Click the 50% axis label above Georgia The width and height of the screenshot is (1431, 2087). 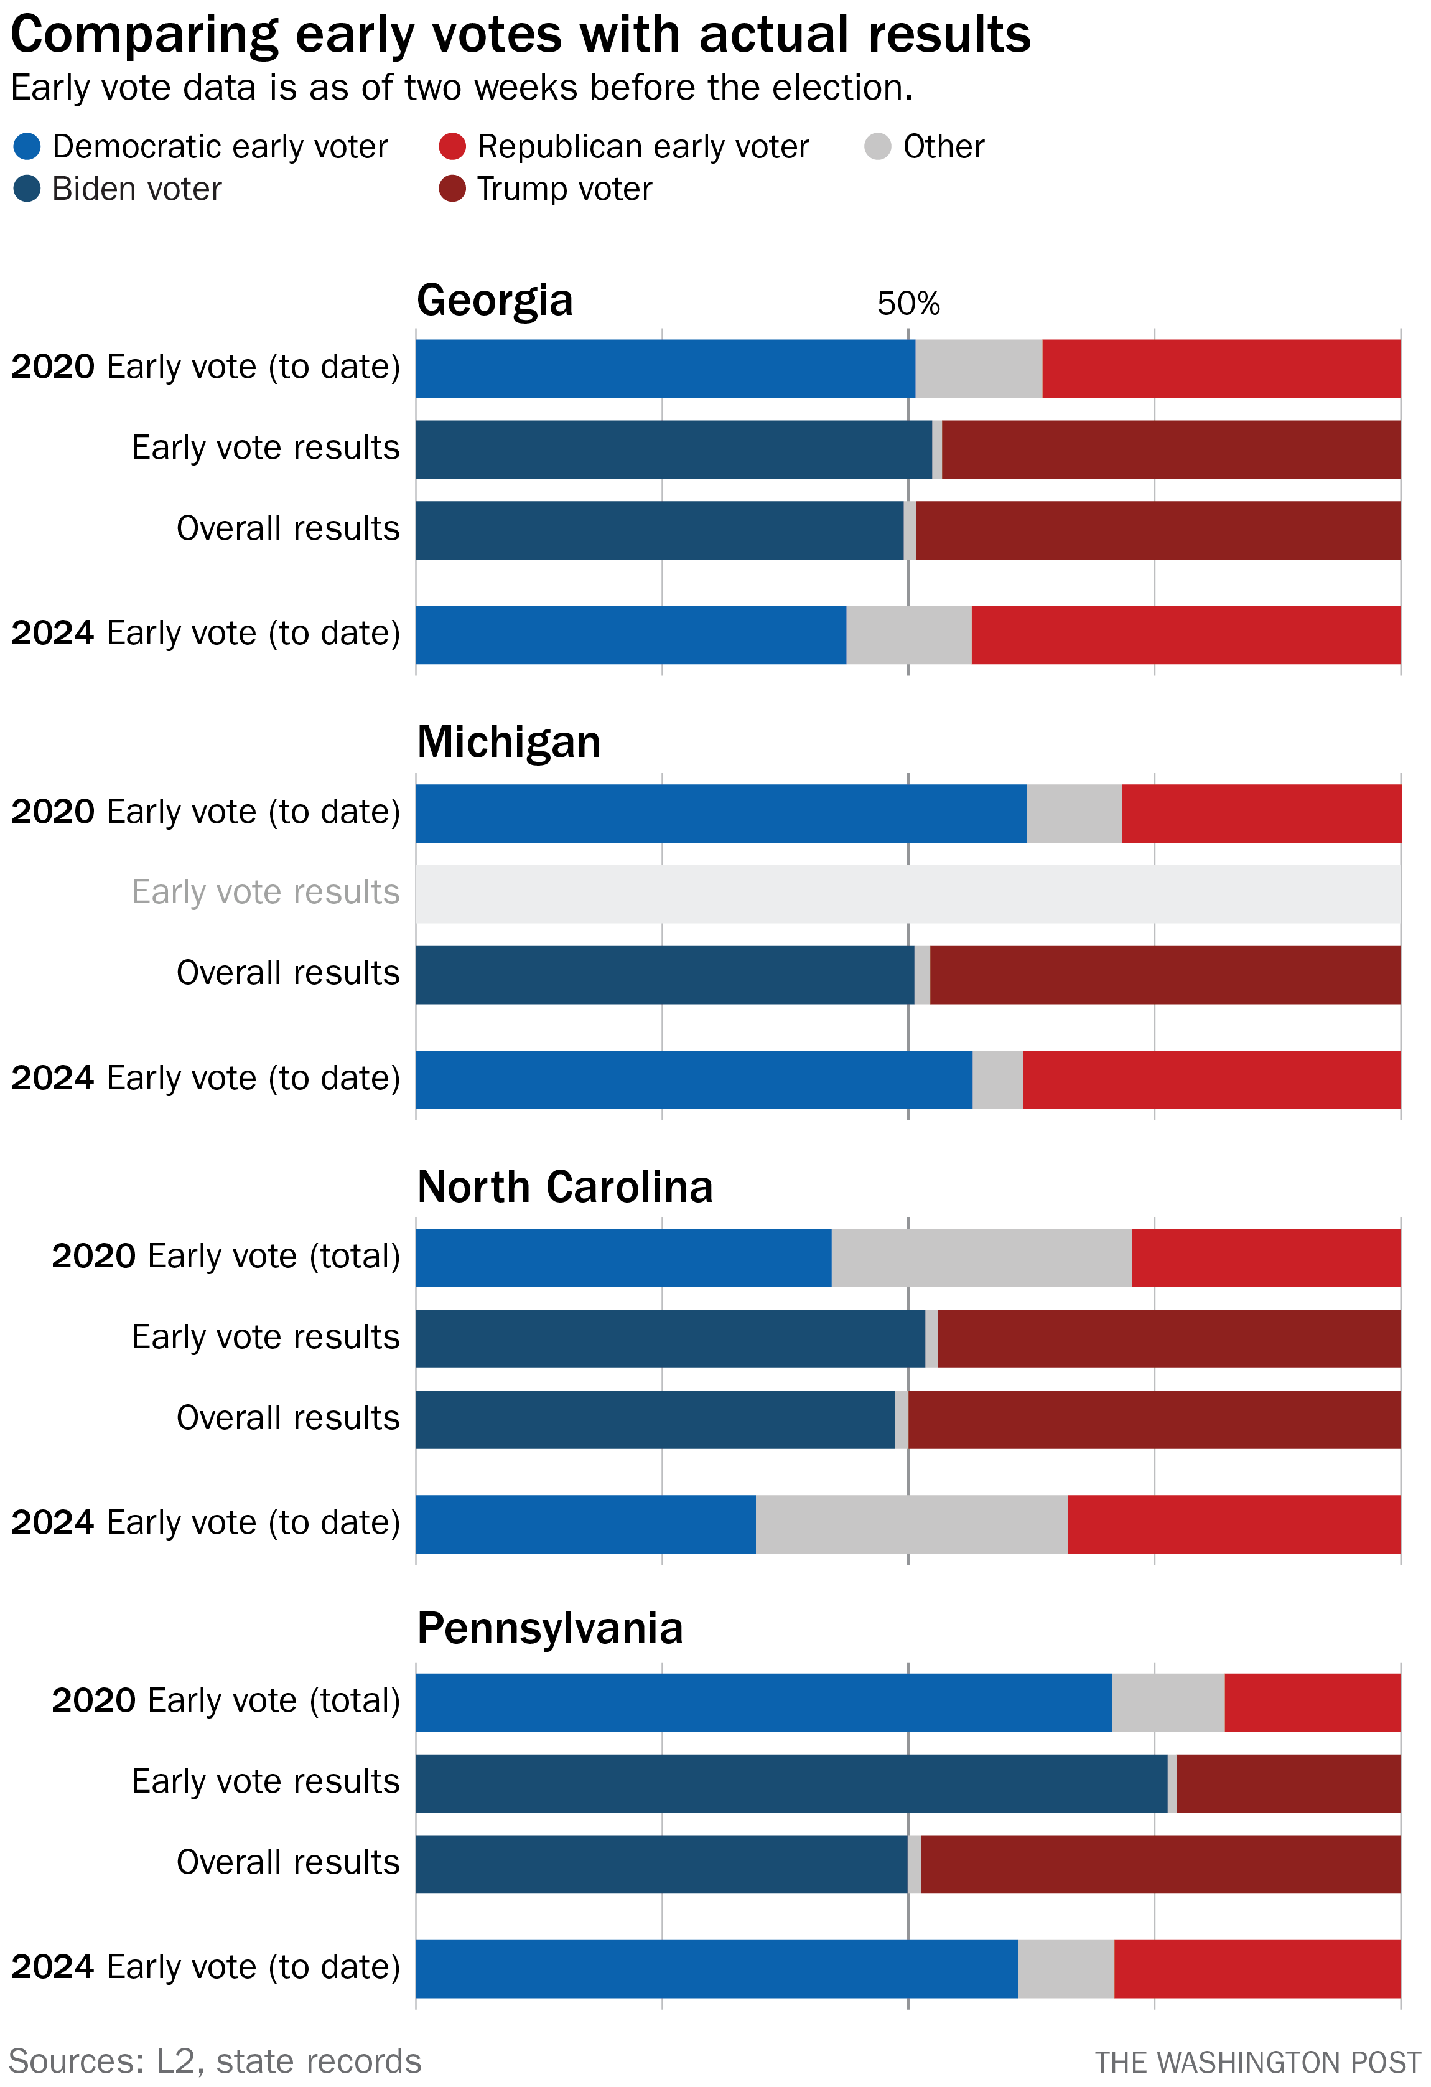pyautogui.click(x=908, y=304)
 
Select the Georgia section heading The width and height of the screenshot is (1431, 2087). pyautogui.click(x=495, y=300)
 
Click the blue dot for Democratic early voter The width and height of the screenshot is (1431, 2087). pyautogui.click(x=28, y=146)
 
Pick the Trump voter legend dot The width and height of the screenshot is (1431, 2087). pyautogui.click(x=452, y=189)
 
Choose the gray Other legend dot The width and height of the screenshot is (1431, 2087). pyautogui.click(x=877, y=146)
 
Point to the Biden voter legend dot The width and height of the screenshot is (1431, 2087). pyautogui.click(x=28, y=189)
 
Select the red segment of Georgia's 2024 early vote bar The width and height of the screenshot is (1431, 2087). pyautogui.click(x=1185, y=635)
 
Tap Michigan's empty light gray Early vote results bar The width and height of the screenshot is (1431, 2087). pyautogui.click(x=907, y=894)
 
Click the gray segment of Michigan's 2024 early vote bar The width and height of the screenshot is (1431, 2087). pyautogui.click(x=997, y=1079)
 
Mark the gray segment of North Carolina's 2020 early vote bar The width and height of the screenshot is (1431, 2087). pyautogui.click(x=981, y=1257)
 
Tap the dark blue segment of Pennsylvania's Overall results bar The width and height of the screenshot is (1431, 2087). pyautogui.click(x=661, y=1864)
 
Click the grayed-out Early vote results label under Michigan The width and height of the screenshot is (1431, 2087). pyautogui.click(x=265, y=892)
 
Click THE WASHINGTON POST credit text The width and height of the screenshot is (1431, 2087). pyautogui.click(x=1257, y=2063)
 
